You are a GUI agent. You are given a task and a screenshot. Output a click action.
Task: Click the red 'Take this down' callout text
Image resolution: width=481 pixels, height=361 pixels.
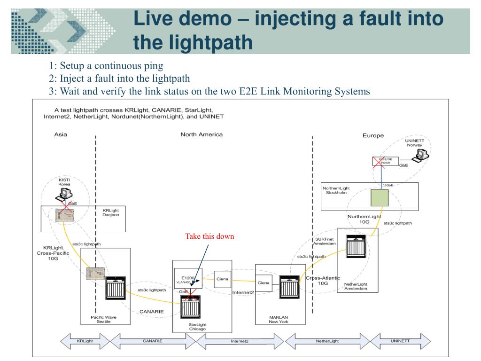[x=209, y=236]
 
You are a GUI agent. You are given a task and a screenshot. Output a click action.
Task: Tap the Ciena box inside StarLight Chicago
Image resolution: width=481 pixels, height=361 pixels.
[x=222, y=279]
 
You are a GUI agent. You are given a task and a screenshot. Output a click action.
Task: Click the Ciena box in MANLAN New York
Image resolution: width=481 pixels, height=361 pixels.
[x=264, y=283]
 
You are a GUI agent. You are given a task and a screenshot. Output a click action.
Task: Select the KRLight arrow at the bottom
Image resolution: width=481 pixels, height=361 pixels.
[x=84, y=341]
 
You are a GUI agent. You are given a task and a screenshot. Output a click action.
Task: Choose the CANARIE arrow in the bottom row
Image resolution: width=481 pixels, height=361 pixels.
[x=152, y=341]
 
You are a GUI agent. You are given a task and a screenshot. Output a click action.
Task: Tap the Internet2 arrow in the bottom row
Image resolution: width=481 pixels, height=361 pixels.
[x=239, y=341]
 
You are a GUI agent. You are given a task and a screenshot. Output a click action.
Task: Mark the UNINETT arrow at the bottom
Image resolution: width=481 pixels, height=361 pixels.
[x=400, y=341]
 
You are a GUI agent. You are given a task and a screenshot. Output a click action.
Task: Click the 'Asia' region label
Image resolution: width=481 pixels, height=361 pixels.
[x=61, y=134]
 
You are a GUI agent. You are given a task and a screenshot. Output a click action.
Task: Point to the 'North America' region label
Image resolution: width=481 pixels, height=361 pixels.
[x=202, y=134]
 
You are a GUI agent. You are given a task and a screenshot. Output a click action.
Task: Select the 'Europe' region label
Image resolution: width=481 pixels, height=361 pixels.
[x=373, y=135]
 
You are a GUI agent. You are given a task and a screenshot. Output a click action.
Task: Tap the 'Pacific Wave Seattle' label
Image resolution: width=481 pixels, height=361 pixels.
[x=103, y=320]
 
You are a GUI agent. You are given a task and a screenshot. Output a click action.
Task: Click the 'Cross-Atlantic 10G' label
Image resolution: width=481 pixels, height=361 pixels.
[x=323, y=281]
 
